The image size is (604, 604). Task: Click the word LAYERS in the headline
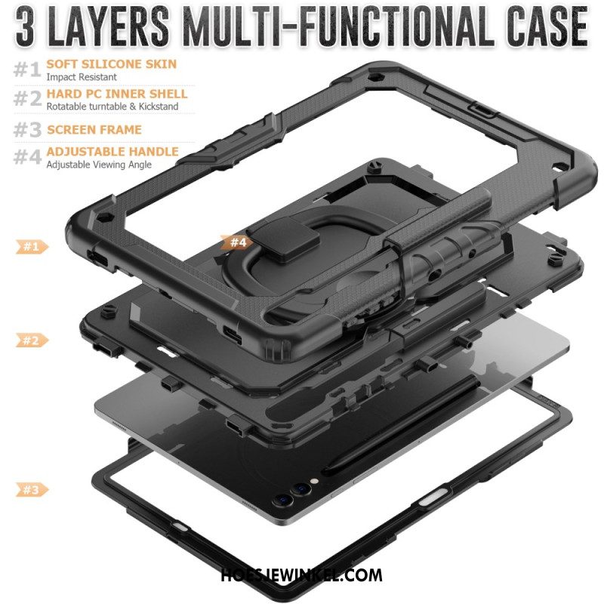[109, 26]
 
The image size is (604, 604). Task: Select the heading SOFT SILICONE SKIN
[111, 64]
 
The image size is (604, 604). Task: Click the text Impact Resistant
[82, 77]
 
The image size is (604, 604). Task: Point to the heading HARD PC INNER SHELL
[117, 94]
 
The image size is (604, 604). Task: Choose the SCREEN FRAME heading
[94, 129]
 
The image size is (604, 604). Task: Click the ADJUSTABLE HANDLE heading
[112, 152]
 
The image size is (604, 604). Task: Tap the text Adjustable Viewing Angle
[99, 165]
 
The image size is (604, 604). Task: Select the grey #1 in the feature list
[27, 69]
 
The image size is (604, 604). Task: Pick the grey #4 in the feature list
[27, 157]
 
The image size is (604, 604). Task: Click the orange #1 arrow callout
[32, 247]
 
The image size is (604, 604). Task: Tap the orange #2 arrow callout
[32, 341]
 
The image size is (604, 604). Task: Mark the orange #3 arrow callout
[32, 489]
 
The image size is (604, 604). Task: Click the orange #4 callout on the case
[237, 242]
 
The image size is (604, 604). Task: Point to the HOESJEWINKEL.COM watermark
[301, 575]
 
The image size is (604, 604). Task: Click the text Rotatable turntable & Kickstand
[112, 106]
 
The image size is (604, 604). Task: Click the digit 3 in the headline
[26, 27]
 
